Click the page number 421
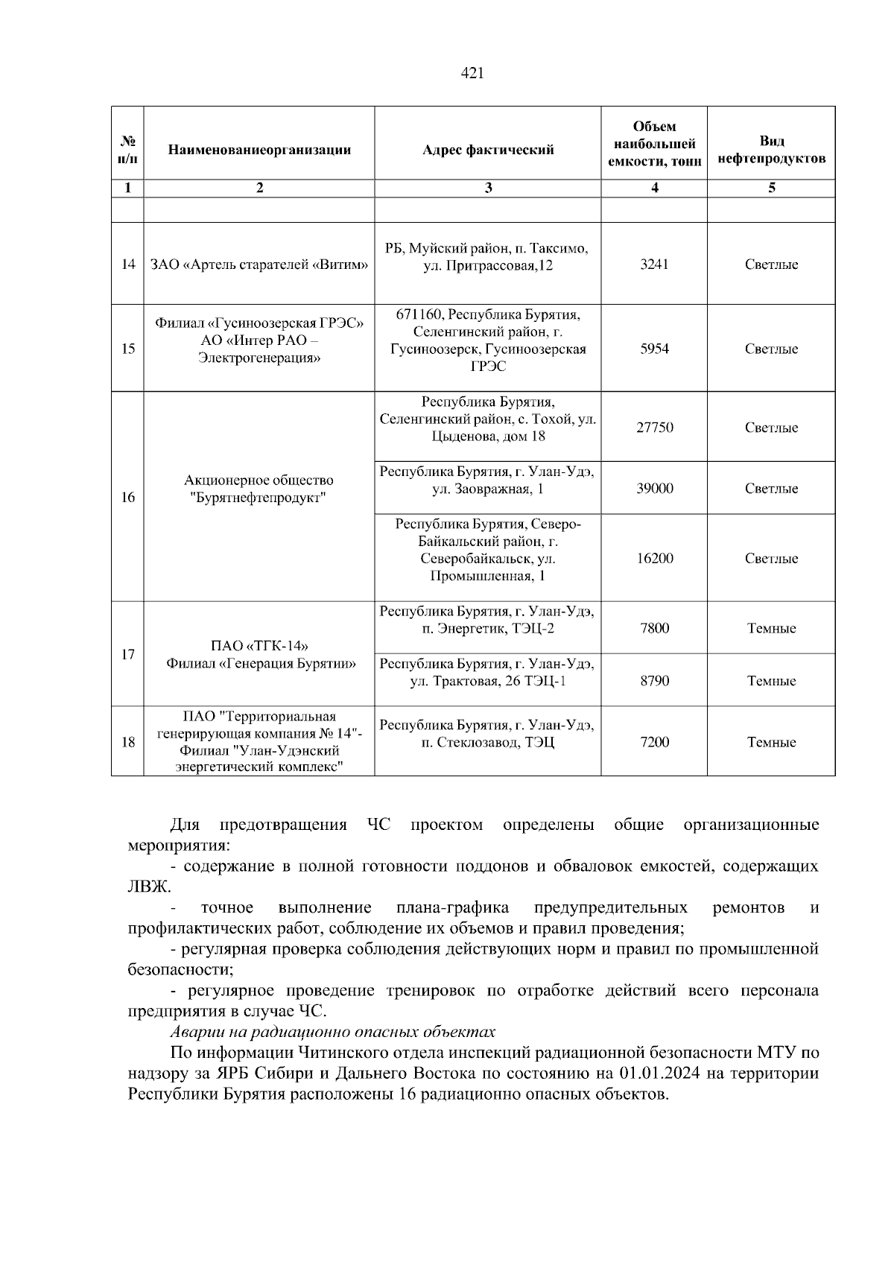[x=472, y=73]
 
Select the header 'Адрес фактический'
[x=488, y=150]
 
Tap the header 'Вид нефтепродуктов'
[x=771, y=150]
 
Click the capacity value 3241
[x=654, y=264]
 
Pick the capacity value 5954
[x=654, y=349]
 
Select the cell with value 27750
[x=654, y=428]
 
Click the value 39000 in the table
[x=654, y=489]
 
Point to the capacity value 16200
[x=654, y=559]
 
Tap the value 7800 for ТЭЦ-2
[x=654, y=628]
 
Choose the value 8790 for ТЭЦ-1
[x=654, y=681]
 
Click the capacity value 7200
[x=654, y=742]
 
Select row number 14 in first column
[x=128, y=264]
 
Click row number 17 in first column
[x=128, y=654]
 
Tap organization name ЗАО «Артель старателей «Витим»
[x=259, y=264]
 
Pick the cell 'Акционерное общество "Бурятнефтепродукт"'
[x=259, y=489]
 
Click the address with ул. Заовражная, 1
[x=488, y=481]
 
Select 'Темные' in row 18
[x=771, y=742]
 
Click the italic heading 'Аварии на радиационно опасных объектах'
[x=332, y=1032]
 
